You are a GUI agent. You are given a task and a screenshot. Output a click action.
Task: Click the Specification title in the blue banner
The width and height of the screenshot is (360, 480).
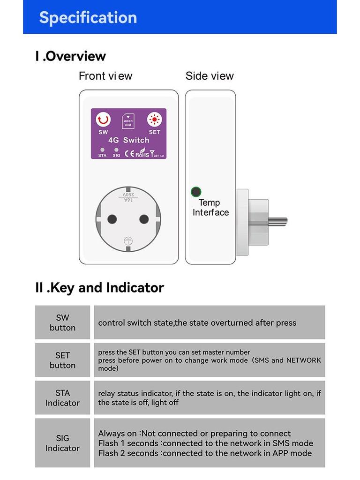click(88, 17)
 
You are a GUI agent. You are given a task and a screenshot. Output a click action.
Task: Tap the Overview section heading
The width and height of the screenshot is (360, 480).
click(71, 56)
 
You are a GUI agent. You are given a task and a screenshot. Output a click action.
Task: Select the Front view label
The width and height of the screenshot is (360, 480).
click(105, 76)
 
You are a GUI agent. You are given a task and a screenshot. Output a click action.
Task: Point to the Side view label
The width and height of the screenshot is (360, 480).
click(210, 76)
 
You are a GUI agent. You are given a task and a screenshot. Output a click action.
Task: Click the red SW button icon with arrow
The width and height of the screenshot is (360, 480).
click(103, 120)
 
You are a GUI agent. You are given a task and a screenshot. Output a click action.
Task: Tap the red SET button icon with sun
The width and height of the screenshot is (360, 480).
click(154, 120)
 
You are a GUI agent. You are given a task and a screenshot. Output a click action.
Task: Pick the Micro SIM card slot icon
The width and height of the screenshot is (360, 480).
click(128, 122)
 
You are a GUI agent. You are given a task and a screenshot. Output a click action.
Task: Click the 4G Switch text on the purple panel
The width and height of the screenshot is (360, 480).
click(128, 140)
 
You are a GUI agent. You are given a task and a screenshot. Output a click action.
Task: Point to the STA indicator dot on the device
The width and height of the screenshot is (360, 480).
click(102, 150)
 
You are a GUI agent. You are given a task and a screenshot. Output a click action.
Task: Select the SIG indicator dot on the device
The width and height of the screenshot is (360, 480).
click(116, 150)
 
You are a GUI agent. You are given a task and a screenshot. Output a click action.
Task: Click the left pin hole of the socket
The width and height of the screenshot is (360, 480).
click(112, 219)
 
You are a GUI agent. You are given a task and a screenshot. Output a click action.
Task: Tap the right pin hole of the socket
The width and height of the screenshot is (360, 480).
click(144, 219)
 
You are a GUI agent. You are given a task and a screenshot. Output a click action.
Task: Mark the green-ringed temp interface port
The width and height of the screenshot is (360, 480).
click(196, 192)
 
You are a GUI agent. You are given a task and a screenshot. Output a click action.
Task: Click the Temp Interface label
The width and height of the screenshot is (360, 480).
click(210, 207)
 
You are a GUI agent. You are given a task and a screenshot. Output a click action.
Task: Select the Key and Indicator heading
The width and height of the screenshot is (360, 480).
click(99, 287)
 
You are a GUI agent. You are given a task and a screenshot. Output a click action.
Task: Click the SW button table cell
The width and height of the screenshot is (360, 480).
click(62, 322)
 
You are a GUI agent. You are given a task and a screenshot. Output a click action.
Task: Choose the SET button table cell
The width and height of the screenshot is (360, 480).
click(62, 360)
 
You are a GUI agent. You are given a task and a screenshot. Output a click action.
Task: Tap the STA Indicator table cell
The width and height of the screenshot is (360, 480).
click(62, 397)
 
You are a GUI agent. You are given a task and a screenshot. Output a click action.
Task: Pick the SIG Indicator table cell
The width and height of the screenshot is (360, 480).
click(62, 443)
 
